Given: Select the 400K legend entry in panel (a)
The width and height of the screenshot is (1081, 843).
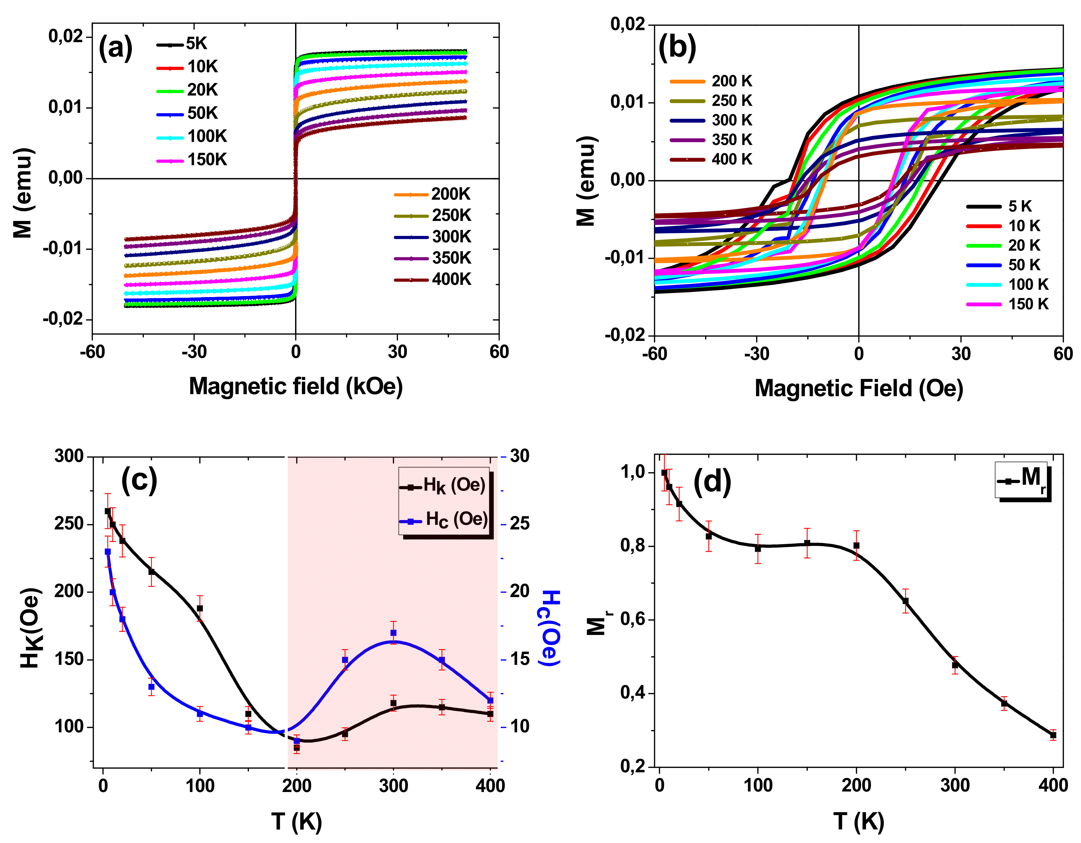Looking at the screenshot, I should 433,280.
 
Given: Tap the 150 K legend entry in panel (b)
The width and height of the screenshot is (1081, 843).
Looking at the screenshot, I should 1008,304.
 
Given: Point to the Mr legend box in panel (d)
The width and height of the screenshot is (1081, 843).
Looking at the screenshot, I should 1022,480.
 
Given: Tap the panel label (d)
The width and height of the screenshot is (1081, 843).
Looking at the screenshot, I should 712,481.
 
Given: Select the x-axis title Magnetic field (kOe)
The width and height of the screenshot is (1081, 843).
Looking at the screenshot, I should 295,386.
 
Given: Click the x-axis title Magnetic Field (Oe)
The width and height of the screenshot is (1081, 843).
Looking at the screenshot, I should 858,389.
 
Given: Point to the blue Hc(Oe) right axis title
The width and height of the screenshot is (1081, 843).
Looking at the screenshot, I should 549,628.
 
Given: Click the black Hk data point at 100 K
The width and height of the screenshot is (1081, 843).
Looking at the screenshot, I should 200,608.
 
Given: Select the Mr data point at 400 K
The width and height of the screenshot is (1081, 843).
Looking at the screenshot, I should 1053,736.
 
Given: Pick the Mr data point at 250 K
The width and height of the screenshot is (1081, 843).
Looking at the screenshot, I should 905,601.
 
